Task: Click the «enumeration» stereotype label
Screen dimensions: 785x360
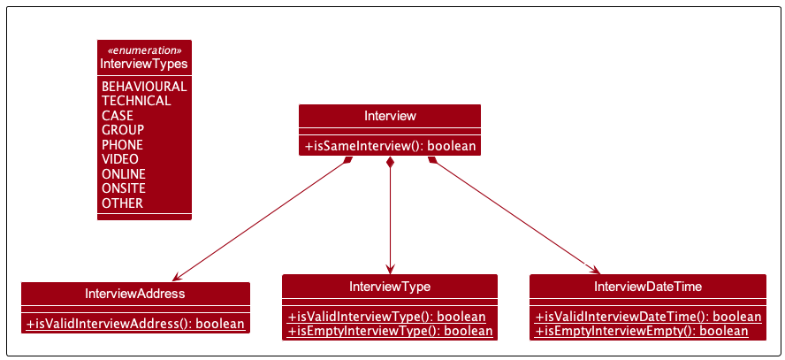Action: tap(144, 50)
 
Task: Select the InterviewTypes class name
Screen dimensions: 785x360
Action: tap(144, 64)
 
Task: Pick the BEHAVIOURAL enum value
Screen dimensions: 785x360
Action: tap(144, 87)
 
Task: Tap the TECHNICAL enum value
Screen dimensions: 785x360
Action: tap(136, 101)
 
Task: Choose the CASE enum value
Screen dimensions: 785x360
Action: tap(118, 116)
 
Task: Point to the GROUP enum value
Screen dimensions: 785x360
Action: tap(123, 130)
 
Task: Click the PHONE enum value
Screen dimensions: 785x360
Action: tap(122, 145)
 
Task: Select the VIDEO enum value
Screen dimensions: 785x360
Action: tap(120, 159)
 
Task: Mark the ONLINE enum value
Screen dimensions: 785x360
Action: tap(124, 174)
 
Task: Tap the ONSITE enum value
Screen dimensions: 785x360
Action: tap(124, 188)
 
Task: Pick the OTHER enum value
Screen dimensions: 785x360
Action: tap(122, 203)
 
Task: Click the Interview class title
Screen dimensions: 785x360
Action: tap(390, 116)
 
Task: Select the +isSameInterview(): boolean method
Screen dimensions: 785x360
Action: tap(390, 146)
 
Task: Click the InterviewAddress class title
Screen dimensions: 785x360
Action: tap(135, 294)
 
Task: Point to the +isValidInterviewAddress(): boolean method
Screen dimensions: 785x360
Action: tap(135, 324)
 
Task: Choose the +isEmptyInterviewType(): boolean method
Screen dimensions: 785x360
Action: tap(390, 331)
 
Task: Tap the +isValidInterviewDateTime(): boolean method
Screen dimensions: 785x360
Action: tap(648, 317)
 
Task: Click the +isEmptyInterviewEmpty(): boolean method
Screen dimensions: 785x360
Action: tap(641, 331)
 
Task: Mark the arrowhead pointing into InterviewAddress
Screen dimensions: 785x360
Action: tap(177, 276)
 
